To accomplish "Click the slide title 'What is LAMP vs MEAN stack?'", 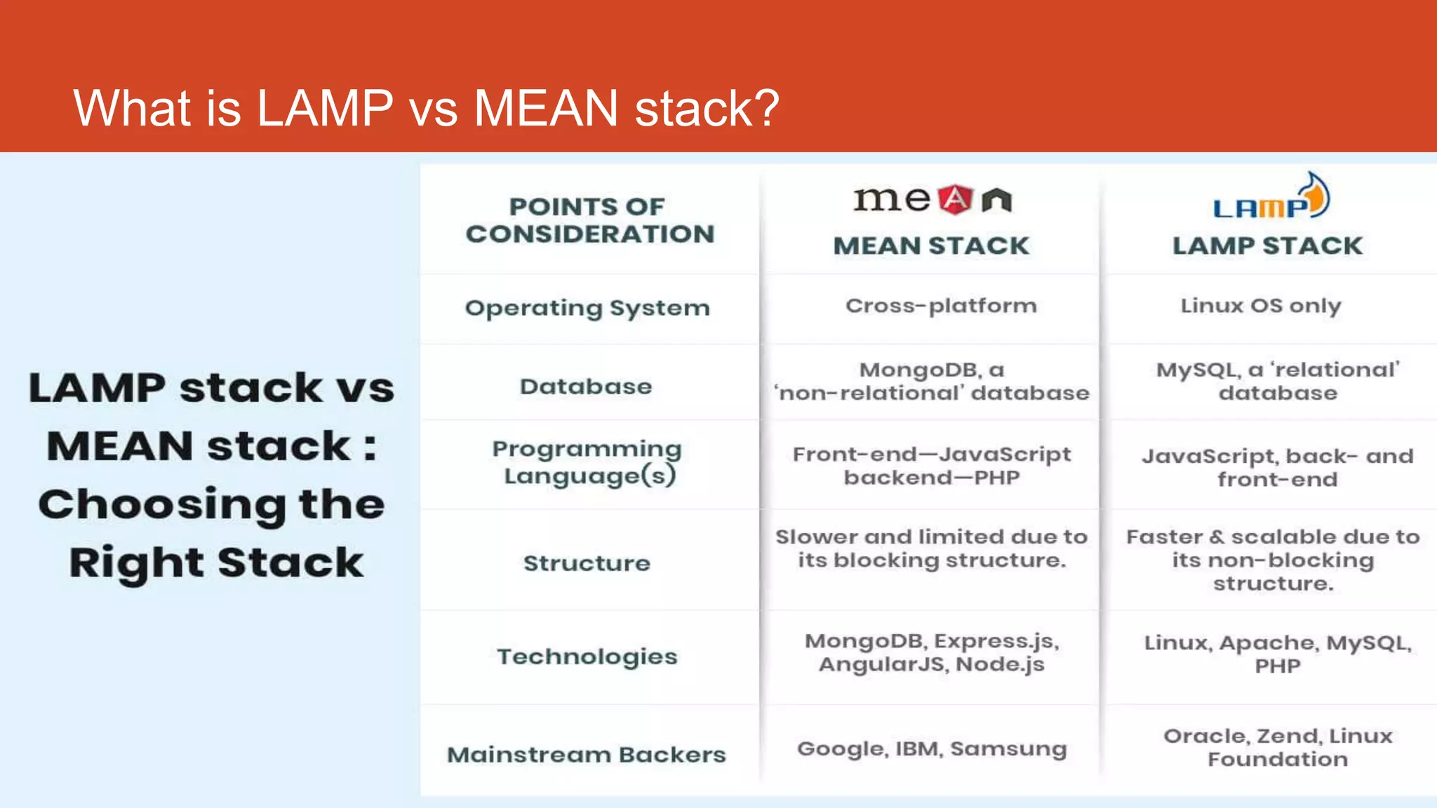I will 426,108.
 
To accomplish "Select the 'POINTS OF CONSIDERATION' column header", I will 589,220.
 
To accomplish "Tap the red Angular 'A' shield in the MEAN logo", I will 955,200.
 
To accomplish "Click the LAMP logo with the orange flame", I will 1271,198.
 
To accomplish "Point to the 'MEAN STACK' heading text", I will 931,246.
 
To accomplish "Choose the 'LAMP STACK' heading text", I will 1267,246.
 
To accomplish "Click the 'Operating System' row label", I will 587,308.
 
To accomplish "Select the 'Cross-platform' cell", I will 940,306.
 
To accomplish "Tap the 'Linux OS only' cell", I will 1260,306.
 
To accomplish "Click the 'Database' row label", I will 586,386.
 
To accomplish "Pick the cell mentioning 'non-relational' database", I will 931,382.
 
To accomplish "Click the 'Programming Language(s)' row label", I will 588,462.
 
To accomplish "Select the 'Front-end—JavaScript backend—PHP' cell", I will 931,466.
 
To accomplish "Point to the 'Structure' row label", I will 587,563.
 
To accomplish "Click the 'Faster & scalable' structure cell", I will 1273,560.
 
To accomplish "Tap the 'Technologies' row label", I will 587,656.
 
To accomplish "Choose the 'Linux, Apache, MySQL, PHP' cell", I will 1277,654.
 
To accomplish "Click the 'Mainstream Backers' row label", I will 587,755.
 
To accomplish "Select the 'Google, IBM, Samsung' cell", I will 931,749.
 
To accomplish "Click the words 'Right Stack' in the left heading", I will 216,563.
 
